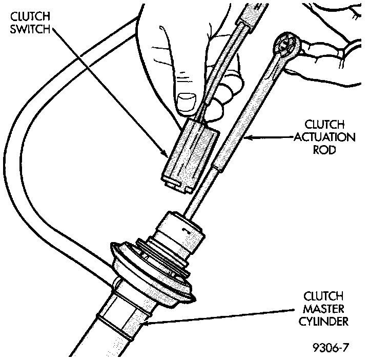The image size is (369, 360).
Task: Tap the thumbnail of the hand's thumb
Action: pyautogui.click(x=186, y=102)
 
